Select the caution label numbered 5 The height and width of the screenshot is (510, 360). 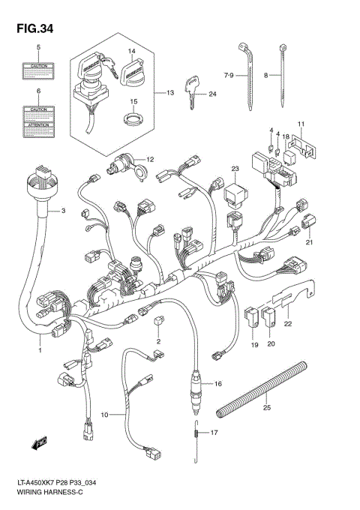click(39, 70)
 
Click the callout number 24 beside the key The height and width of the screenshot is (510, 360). click(212, 94)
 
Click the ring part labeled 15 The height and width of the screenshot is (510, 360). click(133, 117)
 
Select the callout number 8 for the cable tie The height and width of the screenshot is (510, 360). click(266, 76)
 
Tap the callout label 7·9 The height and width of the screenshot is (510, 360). click(229, 75)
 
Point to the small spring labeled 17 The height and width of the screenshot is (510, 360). click(194, 433)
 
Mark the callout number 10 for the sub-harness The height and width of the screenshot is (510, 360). click(104, 415)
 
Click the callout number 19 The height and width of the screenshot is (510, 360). click(254, 344)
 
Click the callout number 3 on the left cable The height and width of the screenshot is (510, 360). click(64, 211)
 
